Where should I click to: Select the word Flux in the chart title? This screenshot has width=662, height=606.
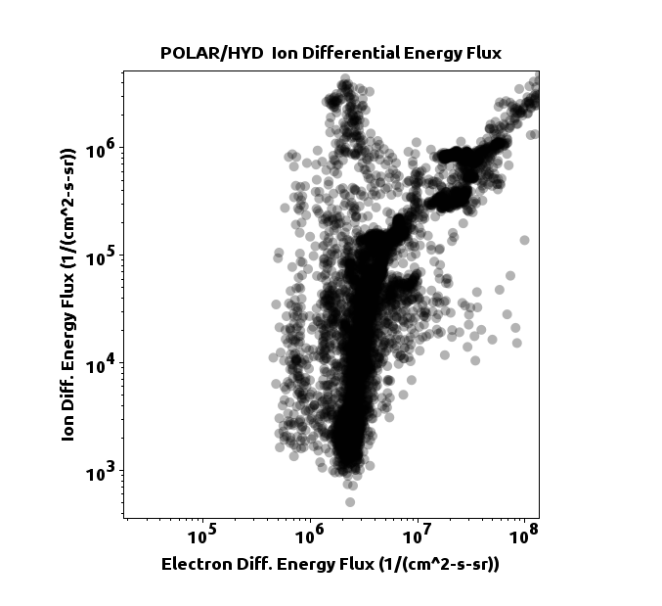pyautogui.click(x=481, y=53)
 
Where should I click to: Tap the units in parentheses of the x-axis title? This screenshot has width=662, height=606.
pyautogui.click(x=439, y=565)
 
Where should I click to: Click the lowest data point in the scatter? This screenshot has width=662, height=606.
pyautogui.click(x=350, y=501)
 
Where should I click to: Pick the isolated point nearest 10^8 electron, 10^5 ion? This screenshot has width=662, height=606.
pyautogui.click(x=524, y=240)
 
